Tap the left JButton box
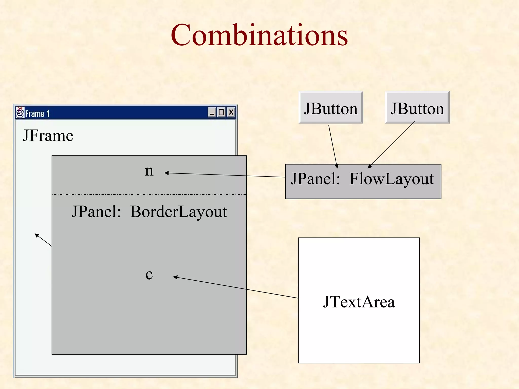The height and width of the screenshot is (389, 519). point(331,108)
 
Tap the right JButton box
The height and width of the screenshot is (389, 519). point(417,108)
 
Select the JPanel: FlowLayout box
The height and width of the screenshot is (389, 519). point(363,181)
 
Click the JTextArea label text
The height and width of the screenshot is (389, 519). point(359,302)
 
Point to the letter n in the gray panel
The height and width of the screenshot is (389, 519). point(149,171)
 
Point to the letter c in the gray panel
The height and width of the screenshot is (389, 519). point(149,274)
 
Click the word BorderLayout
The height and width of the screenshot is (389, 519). point(178,211)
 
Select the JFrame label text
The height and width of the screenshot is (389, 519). point(48,135)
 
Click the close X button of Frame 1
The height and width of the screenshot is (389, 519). point(231,112)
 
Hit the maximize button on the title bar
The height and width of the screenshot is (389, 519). point(221,112)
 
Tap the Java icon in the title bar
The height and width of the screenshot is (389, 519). point(20,112)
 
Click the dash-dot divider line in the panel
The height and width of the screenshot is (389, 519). point(149,194)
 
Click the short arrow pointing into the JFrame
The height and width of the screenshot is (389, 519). point(43,240)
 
